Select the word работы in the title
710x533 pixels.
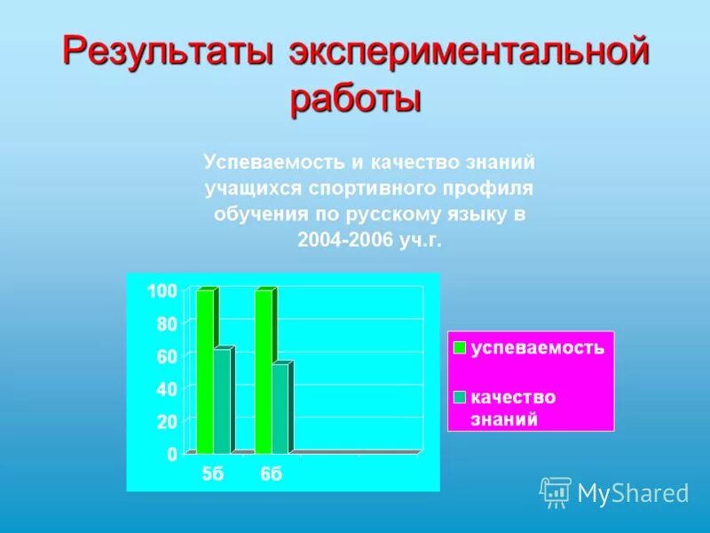[355, 98]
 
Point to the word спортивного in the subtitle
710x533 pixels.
[361, 188]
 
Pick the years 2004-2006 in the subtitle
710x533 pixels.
[342, 242]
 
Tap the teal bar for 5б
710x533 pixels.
[222, 401]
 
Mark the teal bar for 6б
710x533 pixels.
[280, 409]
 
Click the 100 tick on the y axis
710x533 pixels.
[162, 291]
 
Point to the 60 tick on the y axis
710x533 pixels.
[167, 356]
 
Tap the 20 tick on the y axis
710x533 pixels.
[167, 422]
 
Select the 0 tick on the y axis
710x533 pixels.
[171, 454]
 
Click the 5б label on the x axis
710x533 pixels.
[213, 474]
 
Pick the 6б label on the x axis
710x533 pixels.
[272, 474]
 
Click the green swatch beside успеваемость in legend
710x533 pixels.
[460, 348]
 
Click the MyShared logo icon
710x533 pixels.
[556, 491]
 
